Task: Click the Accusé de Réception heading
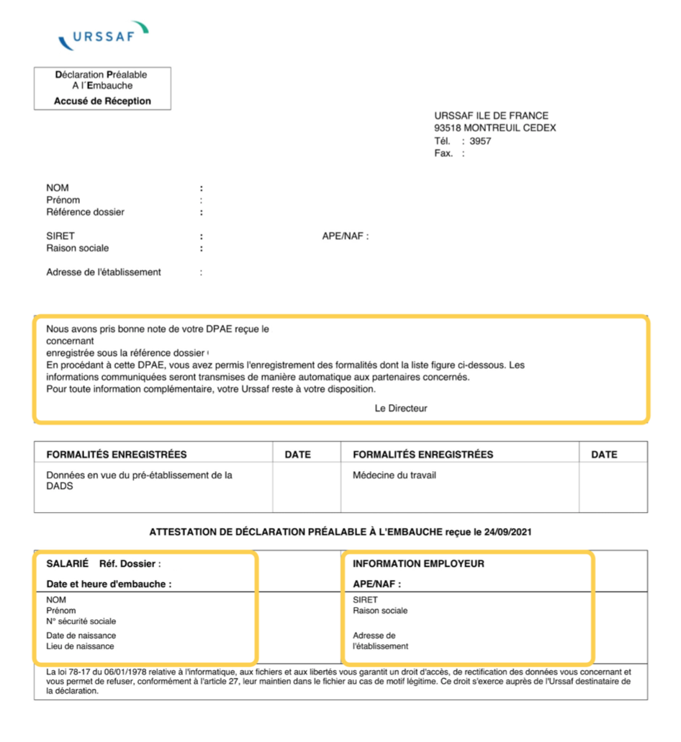102,101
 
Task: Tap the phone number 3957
480,140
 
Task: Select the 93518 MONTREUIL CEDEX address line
495,128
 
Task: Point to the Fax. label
443,153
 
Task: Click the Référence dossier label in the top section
85,212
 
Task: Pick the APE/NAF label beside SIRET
346,236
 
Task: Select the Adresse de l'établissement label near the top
104,272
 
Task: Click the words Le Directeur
401,408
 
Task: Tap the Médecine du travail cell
394,475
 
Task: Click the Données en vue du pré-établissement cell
139,480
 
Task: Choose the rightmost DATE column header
604,455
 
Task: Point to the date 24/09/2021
508,532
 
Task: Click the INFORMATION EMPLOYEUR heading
418,564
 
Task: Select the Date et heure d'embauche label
109,584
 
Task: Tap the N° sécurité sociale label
81,621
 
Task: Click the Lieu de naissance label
80,646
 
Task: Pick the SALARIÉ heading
67,564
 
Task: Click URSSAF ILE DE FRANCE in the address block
491,115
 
